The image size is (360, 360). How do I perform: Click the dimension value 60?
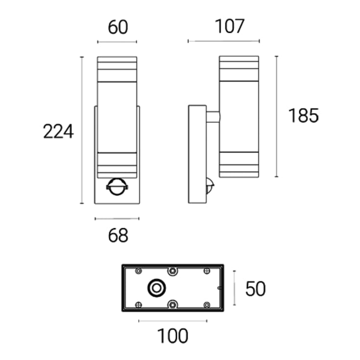pos(118,27)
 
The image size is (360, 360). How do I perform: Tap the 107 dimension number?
pos(229,26)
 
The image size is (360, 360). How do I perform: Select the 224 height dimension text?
pos(58,131)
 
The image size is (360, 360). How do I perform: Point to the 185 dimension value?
pos(303,116)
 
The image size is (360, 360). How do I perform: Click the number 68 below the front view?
pos(118,235)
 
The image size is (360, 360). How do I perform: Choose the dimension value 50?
pos(255,288)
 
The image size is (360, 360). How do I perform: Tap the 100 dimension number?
pos(172,336)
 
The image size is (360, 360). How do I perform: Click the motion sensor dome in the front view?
pos(117,187)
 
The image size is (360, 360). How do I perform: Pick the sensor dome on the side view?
pos(210,185)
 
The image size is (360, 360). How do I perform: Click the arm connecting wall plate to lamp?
pos(213,117)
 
